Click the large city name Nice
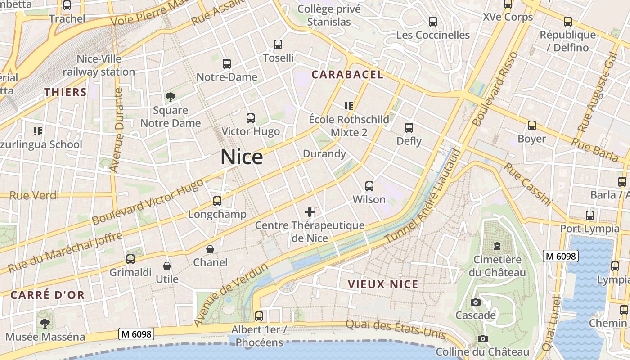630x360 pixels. (x=242, y=157)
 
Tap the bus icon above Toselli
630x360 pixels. (x=278, y=45)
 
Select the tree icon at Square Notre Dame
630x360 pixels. (x=171, y=97)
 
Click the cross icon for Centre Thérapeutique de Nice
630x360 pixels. (x=310, y=211)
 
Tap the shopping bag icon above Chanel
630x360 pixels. (x=210, y=249)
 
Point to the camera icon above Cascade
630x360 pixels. (x=476, y=302)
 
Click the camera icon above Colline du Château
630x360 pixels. (x=483, y=338)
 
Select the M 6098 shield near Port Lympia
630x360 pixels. (x=560, y=256)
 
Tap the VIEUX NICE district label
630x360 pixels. (x=383, y=284)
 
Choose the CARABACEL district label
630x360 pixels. (x=347, y=75)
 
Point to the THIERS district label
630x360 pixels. (x=65, y=92)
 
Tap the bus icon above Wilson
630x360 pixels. (x=369, y=186)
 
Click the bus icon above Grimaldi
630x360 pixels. (x=130, y=259)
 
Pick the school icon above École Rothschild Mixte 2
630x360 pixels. (x=349, y=106)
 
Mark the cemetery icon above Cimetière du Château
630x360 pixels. (x=497, y=246)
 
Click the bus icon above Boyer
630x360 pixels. (x=532, y=126)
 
